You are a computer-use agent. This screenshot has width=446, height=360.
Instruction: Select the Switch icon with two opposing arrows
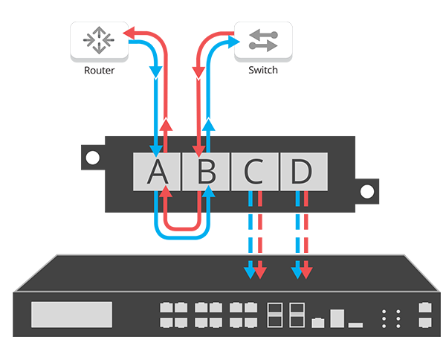click(x=263, y=40)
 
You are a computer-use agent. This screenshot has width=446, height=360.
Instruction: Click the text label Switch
click(x=263, y=70)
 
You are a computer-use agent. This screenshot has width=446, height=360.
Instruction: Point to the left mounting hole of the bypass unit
click(x=92, y=158)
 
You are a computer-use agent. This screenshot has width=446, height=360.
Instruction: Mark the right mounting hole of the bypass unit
click(x=366, y=190)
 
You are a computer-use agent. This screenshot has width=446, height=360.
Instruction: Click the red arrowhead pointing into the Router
click(x=128, y=33)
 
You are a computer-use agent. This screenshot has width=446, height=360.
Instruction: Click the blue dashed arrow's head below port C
click(x=250, y=272)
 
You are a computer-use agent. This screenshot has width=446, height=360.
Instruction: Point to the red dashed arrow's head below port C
click(x=259, y=272)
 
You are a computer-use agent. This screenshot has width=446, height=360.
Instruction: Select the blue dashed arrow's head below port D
click(x=297, y=272)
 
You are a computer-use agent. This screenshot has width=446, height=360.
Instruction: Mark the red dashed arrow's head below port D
click(x=307, y=272)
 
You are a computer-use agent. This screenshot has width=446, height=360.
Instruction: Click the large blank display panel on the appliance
click(x=71, y=314)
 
